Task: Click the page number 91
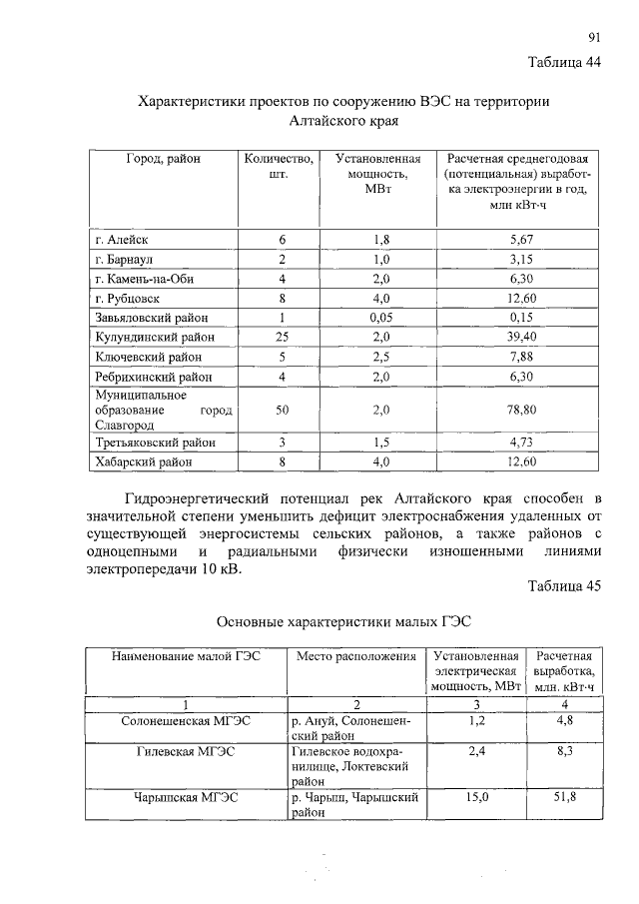(x=594, y=38)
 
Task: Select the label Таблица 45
(x=564, y=585)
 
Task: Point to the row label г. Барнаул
(x=126, y=260)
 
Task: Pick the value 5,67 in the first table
(x=522, y=241)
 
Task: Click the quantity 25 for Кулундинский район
(x=282, y=338)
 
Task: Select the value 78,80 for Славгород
(x=522, y=410)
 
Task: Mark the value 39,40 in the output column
(x=522, y=338)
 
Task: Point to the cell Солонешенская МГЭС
(x=186, y=720)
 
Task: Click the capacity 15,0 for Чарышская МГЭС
(x=477, y=797)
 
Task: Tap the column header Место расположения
(x=355, y=657)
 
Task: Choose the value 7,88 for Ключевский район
(x=522, y=357)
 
